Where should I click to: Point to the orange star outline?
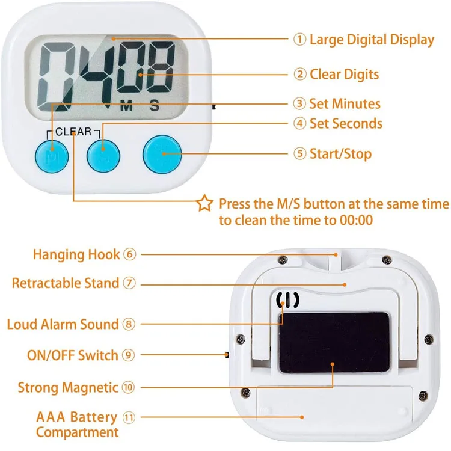205,204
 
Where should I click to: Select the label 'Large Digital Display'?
371,40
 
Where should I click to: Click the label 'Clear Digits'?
344,75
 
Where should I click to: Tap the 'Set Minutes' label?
345,104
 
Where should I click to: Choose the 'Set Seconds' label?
346,124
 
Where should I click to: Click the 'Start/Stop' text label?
340,153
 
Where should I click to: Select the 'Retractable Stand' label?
67,283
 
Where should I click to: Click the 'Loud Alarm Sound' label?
63,324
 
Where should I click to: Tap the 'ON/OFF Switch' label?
73,355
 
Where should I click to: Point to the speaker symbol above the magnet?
287,299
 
